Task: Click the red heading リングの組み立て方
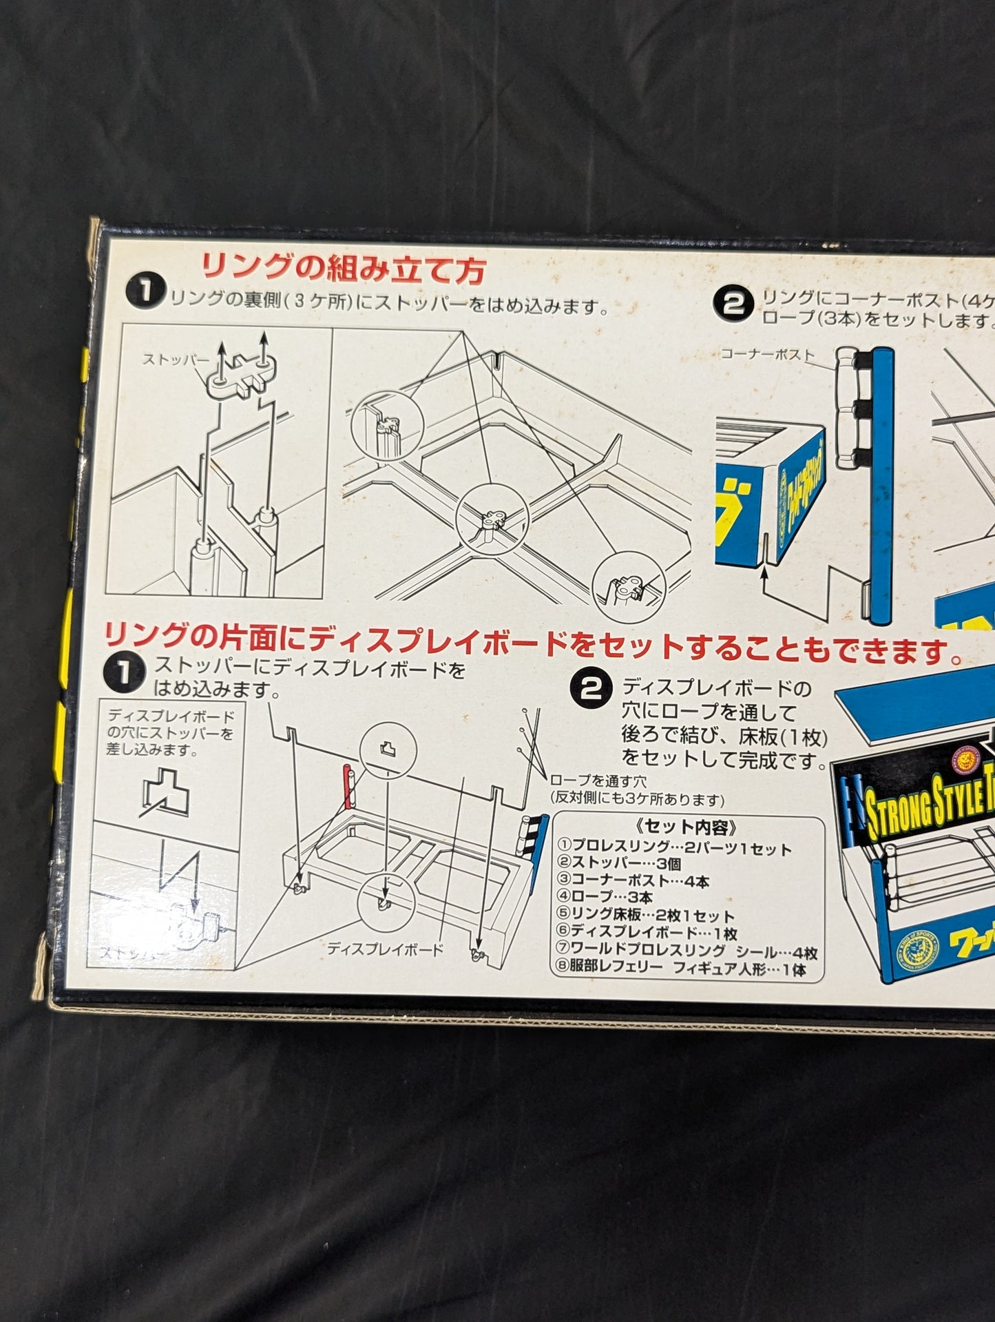(x=343, y=269)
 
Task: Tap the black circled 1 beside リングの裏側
(x=144, y=292)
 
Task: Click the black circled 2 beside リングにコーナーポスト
(x=733, y=304)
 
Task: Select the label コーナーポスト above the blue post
(x=767, y=354)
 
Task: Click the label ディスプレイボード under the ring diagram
(x=385, y=949)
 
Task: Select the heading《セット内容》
(x=687, y=827)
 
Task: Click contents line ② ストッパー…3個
(x=619, y=863)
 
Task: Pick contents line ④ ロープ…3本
(x=605, y=897)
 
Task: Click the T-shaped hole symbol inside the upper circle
(x=388, y=747)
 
